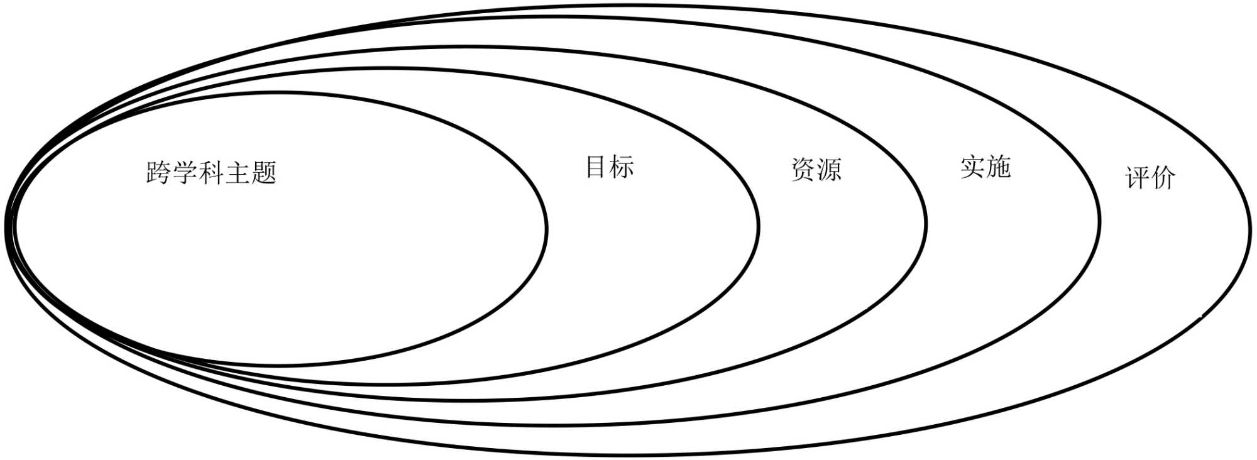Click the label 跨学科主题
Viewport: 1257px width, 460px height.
pos(211,172)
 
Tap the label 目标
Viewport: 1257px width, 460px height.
pos(609,167)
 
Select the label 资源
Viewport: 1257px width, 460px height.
pos(816,170)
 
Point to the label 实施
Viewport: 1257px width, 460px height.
pos(985,167)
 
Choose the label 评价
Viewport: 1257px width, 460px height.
pos(1150,178)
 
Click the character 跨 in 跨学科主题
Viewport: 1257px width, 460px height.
pos(159,172)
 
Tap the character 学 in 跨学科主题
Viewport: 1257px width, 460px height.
pos(185,172)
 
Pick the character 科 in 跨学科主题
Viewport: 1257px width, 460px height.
pos(212,172)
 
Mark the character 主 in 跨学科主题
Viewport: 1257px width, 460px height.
pos(238,172)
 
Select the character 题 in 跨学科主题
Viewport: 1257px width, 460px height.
pos(264,172)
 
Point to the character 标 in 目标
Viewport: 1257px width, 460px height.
pos(622,167)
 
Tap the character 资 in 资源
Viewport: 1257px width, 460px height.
pos(803,170)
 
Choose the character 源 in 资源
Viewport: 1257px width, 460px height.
pos(829,170)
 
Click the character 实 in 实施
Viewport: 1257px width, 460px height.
pos(972,167)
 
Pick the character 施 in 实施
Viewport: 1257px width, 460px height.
pos(998,167)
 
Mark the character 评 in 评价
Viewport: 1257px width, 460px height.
pos(1136,178)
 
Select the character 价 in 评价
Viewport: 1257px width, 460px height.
pos(1163,178)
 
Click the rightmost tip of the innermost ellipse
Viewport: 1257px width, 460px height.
pos(547,229)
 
